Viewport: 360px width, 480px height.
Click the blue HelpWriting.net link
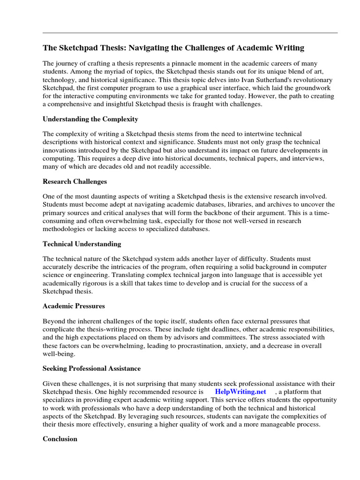click(240, 391)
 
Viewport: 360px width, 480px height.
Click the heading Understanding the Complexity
click(90, 119)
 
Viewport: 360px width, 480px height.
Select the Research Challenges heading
click(75, 181)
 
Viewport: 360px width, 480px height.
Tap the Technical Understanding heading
click(82, 244)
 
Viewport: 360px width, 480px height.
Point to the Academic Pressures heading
click(74, 306)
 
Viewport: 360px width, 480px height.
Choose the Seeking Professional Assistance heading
click(91, 368)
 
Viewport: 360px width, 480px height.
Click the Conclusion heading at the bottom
click(60, 439)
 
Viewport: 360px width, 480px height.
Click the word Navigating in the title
click(149, 48)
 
